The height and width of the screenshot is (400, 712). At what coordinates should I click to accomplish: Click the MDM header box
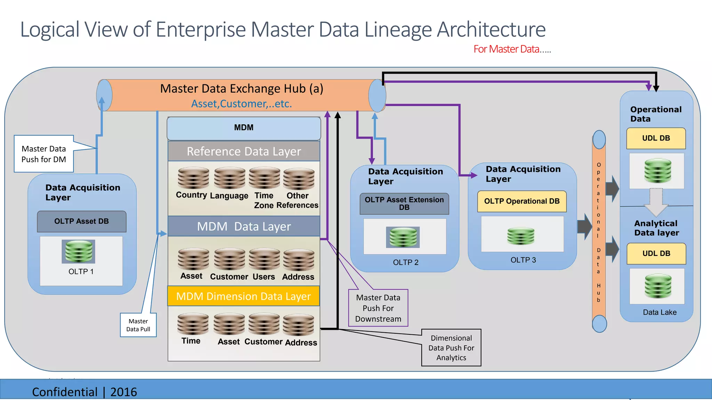coord(244,128)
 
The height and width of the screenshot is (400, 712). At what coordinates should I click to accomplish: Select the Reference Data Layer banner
coord(244,151)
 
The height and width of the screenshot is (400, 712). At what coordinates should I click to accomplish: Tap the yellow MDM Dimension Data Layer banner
coord(243,296)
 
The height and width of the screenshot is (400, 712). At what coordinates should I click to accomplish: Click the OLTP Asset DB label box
coord(82,222)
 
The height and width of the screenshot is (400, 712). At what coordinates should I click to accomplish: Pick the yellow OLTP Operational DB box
coord(522,201)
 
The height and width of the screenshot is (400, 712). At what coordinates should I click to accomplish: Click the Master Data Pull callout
coord(138,325)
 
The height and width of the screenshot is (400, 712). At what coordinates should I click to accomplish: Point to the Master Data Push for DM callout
coord(44,154)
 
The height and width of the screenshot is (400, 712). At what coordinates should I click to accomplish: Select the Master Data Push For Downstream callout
coord(378,308)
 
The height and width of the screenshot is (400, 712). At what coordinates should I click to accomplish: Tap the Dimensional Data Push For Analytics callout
coord(451,348)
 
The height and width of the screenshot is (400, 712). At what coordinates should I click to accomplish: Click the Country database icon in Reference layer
coord(193,178)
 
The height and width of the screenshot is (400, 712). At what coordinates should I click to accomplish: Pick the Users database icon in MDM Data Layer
coord(264,259)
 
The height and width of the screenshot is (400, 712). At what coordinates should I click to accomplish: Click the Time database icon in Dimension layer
coord(193,324)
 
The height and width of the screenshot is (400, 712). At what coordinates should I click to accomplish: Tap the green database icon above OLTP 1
coord(79,251)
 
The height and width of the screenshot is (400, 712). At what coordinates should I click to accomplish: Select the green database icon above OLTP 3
coord(521,236)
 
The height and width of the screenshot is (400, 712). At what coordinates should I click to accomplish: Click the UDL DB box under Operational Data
coord(656,139)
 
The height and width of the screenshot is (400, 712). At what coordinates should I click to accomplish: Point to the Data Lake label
coord(660,312)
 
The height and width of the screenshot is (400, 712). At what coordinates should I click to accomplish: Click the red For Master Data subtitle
coord(512,49)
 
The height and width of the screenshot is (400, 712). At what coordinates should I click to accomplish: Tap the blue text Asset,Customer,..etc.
coord(242,104)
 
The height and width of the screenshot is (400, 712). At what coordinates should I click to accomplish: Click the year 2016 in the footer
coord(123,392)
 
